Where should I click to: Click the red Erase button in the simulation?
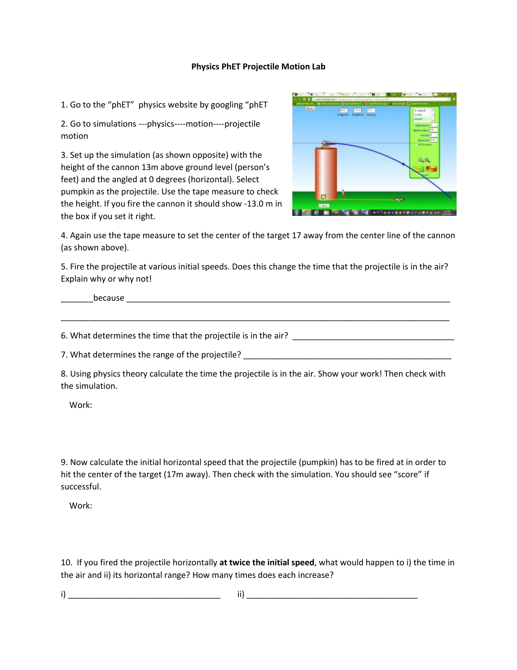tap(431, 169)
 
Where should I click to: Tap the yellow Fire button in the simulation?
tap(418, 169)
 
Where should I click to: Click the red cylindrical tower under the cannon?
tap(326, 172)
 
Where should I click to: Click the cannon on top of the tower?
tap(327, 143)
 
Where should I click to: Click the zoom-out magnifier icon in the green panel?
tap(421, 160)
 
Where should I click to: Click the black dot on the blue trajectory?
tap(403, 164)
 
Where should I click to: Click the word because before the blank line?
tap(109, 298)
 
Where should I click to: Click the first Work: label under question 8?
tap(81, 405)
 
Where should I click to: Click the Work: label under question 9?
tap(81, 506)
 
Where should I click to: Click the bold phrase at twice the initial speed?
tap(266, 563)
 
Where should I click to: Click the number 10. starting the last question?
tap(66, 563)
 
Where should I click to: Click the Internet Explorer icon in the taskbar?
tap(316, 212)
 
